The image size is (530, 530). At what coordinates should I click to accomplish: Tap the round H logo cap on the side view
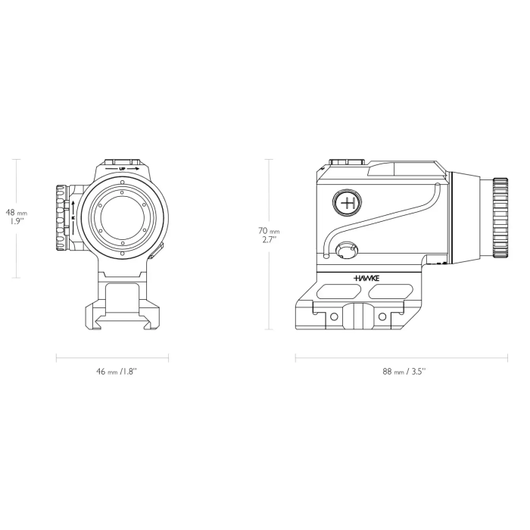point(348,202)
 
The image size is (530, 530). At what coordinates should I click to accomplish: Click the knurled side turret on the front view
point(61,218)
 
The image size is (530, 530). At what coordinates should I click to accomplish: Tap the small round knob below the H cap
point(348,250)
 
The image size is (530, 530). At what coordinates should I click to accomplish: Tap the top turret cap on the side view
point(348,162)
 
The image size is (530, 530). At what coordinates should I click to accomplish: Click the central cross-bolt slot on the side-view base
point(366,314)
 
